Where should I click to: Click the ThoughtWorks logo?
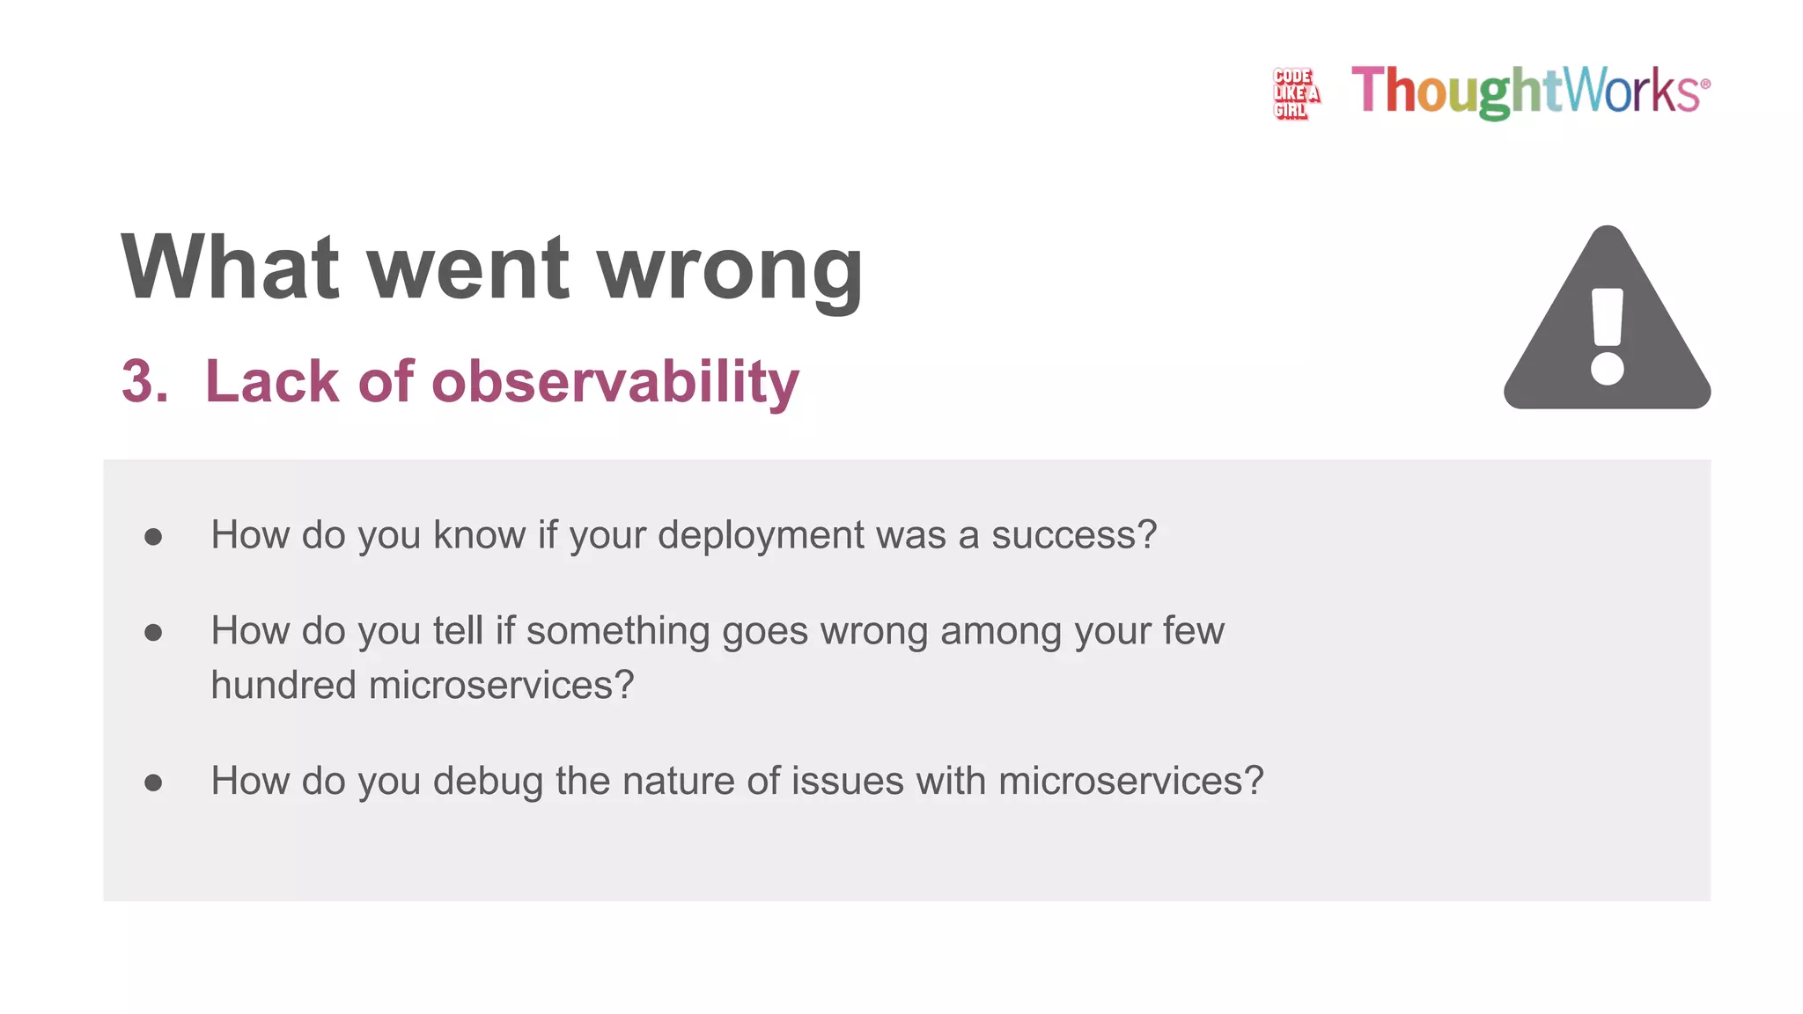[x=1530, y=92]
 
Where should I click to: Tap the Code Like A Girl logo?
[x=1295, y=93]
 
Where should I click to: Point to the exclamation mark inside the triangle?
[x=1608, y=336]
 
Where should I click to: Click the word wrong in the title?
[x=730, y=268]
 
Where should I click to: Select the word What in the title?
[x=230, y=268]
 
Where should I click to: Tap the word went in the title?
[x=467, y=268]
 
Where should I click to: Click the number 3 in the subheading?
[x=143, y=382]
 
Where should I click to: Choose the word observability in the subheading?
[x=614, y=382]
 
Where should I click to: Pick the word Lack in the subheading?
[x=271, y=382]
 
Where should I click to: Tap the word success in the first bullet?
[x=1065, y=535]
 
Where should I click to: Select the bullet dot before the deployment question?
[x=153, y=537]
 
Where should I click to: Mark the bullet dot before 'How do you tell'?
[x=153, y=632]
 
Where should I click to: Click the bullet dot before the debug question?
[x=153, y=783]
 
